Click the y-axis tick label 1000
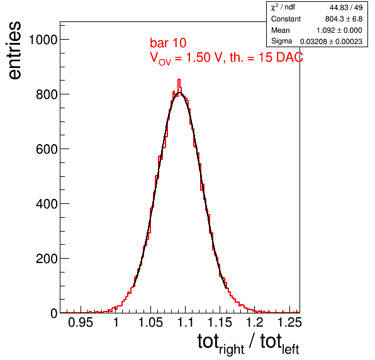tap(43, 40)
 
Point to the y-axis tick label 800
tap(47, 94)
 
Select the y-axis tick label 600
tap(47, 149)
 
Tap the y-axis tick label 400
tap(47, 204)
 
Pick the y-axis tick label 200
tap(47, 259)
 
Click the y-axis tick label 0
tap(54, 313)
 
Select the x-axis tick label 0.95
tap(81, 322)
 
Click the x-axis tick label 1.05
tap(151, 322)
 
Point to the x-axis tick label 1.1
tap(186, 322)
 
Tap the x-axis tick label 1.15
tap(220, 322)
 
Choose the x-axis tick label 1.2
tap(255, 322)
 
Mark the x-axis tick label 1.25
tap(289, 322)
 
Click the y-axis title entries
tap(14, 50)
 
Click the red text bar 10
tap(168, 43)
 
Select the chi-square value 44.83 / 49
tap(346, 8)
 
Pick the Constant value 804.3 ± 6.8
tap(344, 19)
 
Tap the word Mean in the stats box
tap(280, 30)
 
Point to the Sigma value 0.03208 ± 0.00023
tap(331, 42)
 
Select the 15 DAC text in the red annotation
tap(281, 57)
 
